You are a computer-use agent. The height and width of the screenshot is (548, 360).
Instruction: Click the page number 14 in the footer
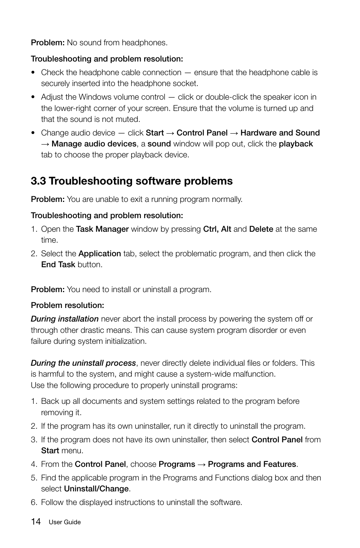[x=36, y=522]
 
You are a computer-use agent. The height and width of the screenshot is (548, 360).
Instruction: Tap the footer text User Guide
[x=65, y=522]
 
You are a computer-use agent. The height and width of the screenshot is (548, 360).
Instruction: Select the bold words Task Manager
[x=102, y=229]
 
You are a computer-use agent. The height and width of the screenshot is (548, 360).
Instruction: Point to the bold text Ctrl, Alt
[x=217, y=229]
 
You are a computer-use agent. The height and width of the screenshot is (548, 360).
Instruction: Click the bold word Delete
[x=261, y=229]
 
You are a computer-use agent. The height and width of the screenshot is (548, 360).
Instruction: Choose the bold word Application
[x=100, y=254]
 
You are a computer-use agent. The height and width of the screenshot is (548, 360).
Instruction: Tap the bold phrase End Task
[x=58, y=265]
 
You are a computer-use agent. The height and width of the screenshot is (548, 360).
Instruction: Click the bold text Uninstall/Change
[x=96, y=489]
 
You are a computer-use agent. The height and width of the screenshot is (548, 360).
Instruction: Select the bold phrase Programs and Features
[x=252, y=464]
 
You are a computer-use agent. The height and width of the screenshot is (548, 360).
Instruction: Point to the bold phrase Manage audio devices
[x=94, y=144]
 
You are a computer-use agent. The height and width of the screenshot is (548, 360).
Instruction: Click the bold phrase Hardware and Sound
[x=280, y=133]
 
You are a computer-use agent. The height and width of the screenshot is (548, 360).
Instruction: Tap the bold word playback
[x=295, y=144]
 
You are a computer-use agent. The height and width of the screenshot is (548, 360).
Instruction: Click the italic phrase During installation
[x=65, y=319]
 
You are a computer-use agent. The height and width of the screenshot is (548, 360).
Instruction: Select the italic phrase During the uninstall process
[x=83, y=363]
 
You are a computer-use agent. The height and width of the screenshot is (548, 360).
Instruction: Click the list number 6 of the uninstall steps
[x=34, y=502]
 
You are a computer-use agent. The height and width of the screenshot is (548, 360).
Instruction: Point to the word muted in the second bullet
[x=129, y=119]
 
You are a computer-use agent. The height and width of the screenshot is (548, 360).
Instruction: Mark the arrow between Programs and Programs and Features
[x=202, y=464]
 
